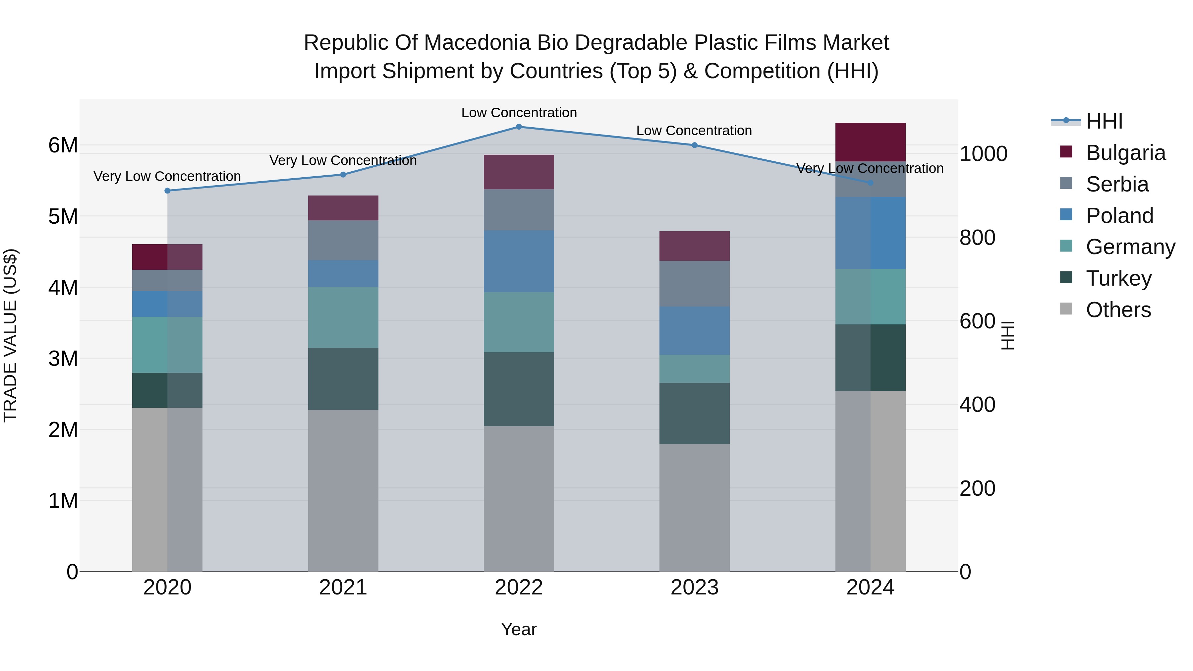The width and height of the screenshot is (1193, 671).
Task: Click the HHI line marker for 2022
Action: (x=519, y=127)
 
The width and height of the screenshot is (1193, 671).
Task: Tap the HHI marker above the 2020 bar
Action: (x=168, y=191)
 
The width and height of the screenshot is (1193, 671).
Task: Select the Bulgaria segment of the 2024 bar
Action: (x=870, y=142)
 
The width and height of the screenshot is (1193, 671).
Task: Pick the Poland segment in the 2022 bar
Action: (x=519, y=261)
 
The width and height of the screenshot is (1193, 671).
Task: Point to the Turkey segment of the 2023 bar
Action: (x=694, y=413)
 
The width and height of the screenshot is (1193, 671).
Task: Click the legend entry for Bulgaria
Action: (x=1125, y=153)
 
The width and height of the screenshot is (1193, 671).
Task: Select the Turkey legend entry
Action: (x=1118, y=278)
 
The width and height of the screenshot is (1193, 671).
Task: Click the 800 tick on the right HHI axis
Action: (x=977, y=238)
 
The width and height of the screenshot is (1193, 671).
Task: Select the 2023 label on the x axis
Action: (x=694, y=587)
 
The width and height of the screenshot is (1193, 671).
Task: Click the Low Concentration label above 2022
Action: (x=519, y=113)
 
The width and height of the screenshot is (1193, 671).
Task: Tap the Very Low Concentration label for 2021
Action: (x=343, y=160)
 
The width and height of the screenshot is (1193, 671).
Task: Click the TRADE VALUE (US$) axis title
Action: (x=11, y=335)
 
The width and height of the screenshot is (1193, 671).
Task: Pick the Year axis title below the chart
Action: (x=519, y=629)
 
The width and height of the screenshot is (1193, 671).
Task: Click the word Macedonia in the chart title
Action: (x=477, y=43)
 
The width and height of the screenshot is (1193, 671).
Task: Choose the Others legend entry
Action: (x=1118, y=310)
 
